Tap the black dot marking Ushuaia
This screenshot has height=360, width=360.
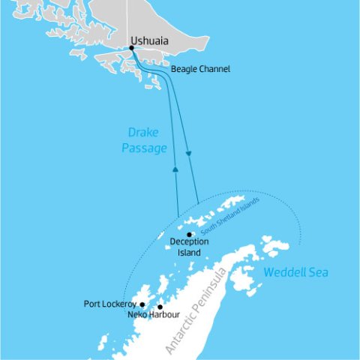(x=132, y=48)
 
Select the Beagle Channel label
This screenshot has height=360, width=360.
(x=200, y=69)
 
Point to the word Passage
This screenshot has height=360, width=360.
(x=144, y=148)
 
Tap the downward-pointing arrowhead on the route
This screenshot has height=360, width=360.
(x=188, y=154)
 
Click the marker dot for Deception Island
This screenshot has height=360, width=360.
(x=190, y=234)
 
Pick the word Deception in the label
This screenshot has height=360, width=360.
(x=189, y=242)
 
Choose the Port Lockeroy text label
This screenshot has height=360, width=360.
(x=110, y=304)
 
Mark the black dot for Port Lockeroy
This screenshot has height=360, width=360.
(x=142, y=304)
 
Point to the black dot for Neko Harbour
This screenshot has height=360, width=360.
(x=160, y=307)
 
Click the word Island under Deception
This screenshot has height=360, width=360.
(x=189, y=253)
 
